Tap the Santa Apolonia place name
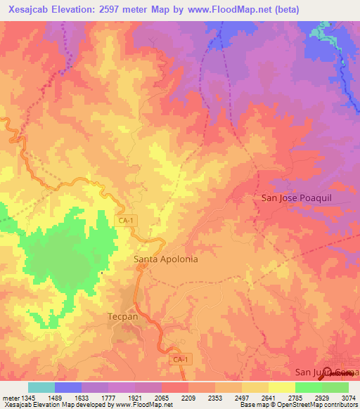[166, 259]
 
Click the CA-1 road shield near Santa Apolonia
[125, 221]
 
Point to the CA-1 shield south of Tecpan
[181, 359]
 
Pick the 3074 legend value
[347, 397]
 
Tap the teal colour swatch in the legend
[41, 387]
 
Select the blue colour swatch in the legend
[68, 387]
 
